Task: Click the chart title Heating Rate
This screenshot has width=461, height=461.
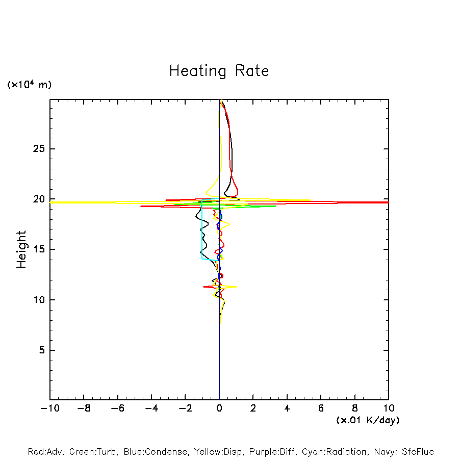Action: point(219,71)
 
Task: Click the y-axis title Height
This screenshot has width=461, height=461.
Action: point(21,249)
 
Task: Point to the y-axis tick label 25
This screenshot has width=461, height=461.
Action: point(40,149)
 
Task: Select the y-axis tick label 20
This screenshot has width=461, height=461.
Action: point(40,199)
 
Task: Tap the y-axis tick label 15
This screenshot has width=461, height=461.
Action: point(40,249)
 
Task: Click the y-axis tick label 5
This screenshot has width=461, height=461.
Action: point(43,350)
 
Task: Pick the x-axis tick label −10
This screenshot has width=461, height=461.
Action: point(49,408)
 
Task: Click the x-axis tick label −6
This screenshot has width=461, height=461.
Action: point(117,408)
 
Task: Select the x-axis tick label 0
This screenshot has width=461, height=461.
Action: point(219,408)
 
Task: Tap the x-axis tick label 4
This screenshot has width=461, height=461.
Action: point(287,408)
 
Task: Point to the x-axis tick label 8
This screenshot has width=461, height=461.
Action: point(355,408)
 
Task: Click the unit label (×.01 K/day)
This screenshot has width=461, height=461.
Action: point(367,420)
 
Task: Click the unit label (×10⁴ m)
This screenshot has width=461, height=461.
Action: point(29,85)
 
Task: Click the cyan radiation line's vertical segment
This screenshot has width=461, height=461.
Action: point(202,229)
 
